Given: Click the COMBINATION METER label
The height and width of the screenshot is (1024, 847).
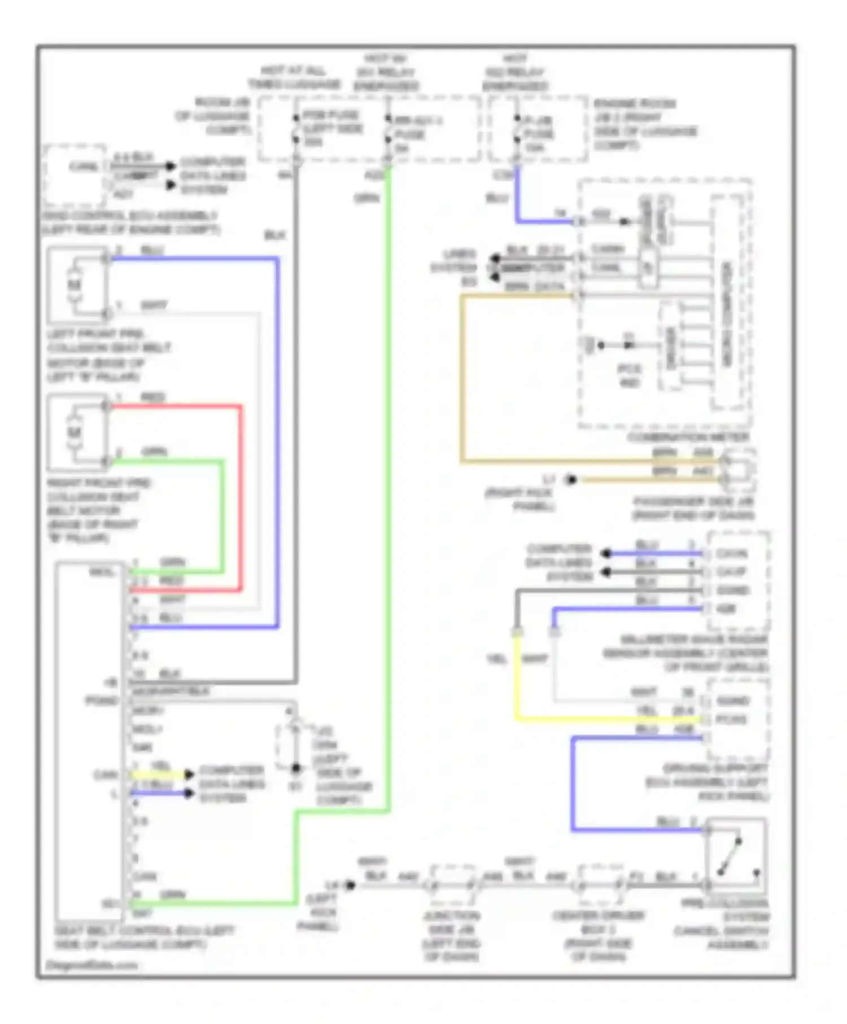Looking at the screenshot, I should pos(688,437).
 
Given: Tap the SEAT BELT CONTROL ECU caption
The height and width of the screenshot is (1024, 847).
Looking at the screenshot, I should pos(144,937).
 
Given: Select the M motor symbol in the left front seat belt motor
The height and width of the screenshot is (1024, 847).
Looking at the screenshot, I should pos(75,284).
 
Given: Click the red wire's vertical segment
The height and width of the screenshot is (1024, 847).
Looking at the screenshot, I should pos(241,497).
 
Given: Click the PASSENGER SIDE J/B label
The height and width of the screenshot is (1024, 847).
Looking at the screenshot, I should pos(693,508).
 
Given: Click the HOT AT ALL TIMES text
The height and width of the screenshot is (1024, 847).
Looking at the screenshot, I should pos(294,77).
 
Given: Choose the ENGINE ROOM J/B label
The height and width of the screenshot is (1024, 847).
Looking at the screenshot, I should pos(644,124).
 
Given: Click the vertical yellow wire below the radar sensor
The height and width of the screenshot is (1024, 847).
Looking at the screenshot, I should pos(516,677).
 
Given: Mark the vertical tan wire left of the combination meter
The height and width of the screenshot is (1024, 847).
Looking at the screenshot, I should pos(462,378).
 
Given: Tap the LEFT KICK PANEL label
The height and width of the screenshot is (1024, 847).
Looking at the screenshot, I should pos(320,912).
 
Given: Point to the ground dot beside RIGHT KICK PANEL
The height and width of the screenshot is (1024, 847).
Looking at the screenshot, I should pos(571,480).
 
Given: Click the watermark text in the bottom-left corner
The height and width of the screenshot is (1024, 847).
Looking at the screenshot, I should pos(91,965).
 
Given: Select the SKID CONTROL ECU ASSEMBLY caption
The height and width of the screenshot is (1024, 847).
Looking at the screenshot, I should pos(130,222).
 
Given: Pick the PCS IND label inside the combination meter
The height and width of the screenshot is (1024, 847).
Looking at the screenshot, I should pos(629,375).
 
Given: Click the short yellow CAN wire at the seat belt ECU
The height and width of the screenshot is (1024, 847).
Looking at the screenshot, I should pos(159,774).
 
